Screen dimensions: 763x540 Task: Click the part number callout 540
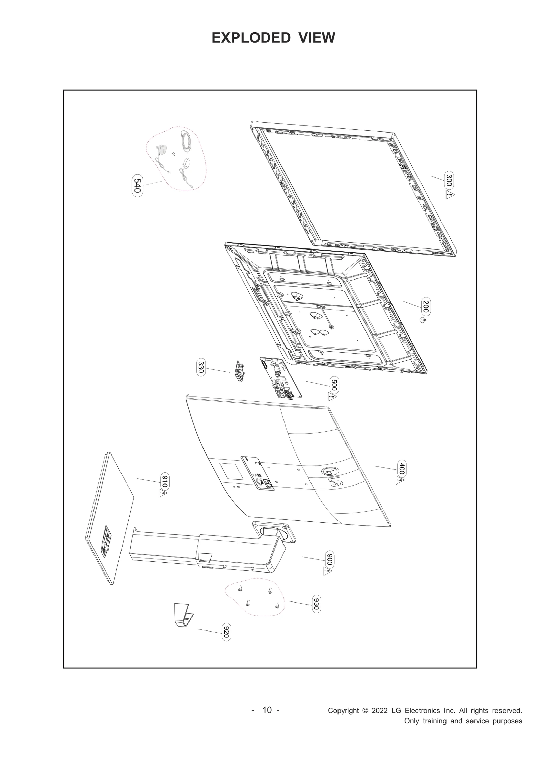[137, 185]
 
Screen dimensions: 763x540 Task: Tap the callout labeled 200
[426, 306]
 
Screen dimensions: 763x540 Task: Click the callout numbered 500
[334, 385]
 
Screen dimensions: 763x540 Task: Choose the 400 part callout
[402, 468]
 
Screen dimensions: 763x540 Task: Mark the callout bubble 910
[165, 481]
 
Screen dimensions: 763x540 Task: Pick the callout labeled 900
[330, 560]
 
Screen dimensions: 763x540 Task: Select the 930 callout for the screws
[316, 604]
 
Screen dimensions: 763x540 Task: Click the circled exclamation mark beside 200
[423, 320]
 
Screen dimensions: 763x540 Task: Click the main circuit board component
[280, 378]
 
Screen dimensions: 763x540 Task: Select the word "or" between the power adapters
[173, 154]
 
